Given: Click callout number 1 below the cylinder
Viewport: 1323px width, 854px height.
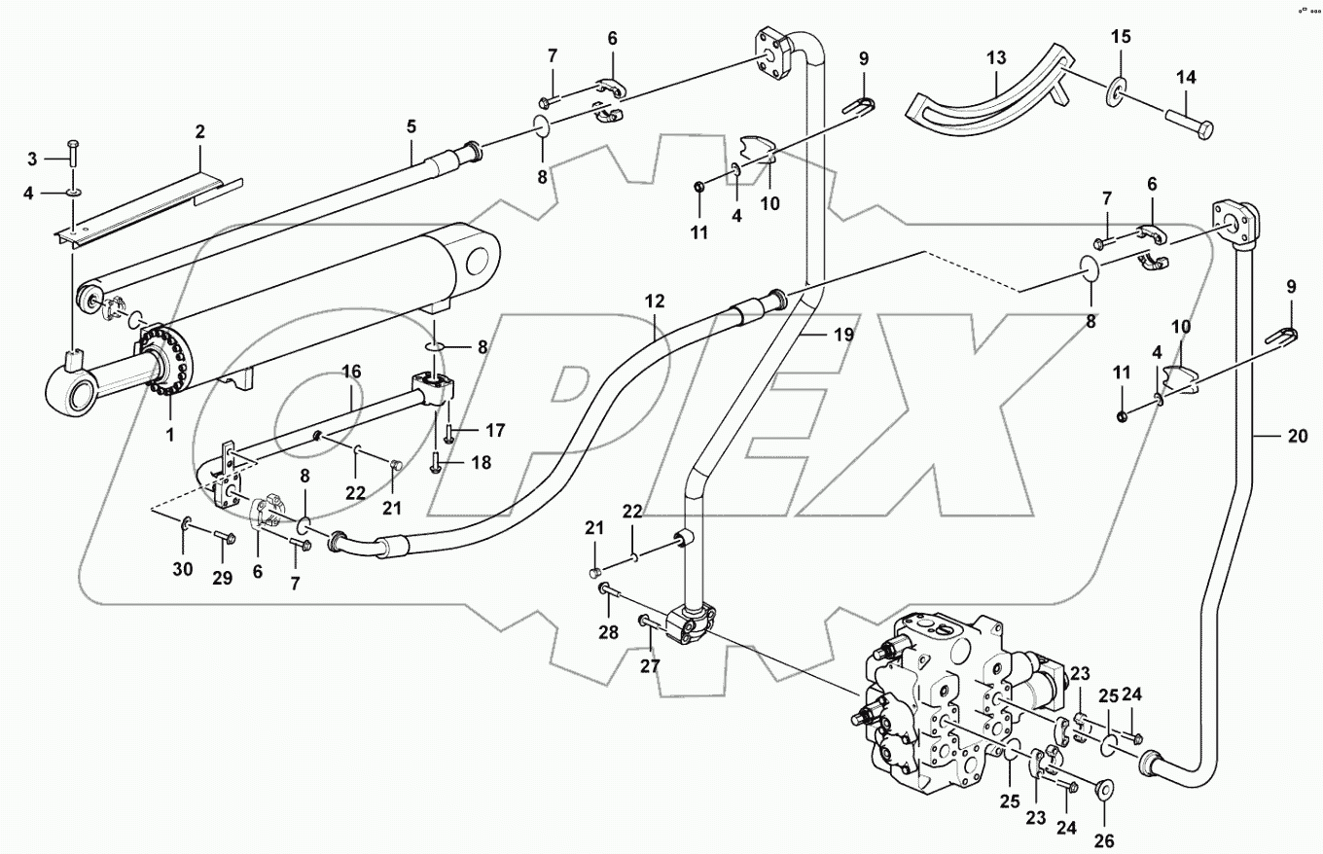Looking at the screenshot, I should click(169, 436).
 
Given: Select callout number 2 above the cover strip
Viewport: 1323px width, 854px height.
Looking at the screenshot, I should click(199, 130).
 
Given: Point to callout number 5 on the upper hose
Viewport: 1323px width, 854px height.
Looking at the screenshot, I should click(411, 126).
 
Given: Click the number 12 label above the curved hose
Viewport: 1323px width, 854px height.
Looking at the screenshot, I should click(653, 302).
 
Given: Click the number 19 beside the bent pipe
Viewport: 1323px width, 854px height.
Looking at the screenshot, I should click(841, 334).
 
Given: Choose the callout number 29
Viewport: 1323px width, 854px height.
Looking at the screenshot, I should click(222, 578).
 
